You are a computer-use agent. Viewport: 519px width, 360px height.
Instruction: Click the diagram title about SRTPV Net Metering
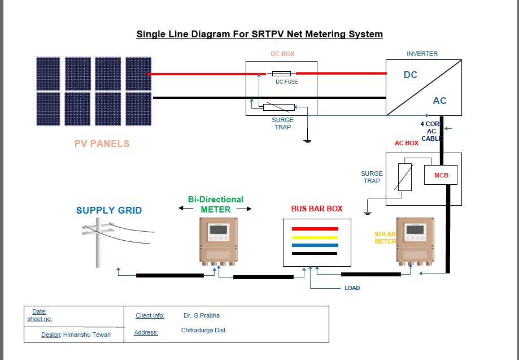point(259,34)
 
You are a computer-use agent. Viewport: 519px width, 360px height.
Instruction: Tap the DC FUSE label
point(287,82)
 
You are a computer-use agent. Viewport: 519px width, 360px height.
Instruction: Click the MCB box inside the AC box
point(441,175)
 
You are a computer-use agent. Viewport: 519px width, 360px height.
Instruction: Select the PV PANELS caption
point(102,144)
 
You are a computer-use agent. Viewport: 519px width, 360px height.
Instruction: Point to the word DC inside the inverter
point(411,75)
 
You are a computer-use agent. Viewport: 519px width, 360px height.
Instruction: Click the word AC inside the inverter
point(439,101)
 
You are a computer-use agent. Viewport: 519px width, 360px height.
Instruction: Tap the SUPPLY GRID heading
point(109,210)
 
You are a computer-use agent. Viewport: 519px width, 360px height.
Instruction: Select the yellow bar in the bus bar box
point(315,237)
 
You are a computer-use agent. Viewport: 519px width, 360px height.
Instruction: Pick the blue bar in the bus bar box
point(315,245)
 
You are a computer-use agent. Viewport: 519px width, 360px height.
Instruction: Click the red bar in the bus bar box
point(315,229)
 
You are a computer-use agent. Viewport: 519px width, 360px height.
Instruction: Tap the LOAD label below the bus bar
point(352,288)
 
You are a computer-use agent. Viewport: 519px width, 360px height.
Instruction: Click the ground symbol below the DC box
point(307,140)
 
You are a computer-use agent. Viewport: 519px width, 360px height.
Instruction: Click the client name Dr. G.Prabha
point(201,315)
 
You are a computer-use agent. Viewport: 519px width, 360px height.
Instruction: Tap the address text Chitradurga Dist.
point(204,330)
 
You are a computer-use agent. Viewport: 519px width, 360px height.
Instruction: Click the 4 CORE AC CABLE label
point(431,131)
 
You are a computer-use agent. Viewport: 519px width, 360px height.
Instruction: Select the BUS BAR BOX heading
point(317,209)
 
